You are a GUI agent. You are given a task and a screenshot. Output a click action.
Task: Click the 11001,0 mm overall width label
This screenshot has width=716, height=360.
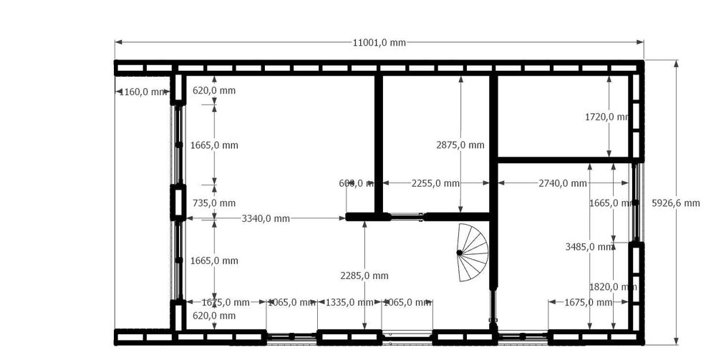(379, 42)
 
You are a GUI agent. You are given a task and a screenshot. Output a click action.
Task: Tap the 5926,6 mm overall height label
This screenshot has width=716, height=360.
(675, 203)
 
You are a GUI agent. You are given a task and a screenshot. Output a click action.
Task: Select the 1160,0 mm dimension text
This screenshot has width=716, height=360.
(141, 92)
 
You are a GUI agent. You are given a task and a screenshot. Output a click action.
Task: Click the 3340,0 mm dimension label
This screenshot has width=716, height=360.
(266, 218)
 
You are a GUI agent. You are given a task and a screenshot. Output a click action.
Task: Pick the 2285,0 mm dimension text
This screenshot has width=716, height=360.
(365, 276)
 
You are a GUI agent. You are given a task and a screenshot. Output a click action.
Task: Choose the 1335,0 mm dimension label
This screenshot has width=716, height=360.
(341, 303)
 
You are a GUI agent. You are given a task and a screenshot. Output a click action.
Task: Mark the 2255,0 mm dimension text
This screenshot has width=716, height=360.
(435, 183)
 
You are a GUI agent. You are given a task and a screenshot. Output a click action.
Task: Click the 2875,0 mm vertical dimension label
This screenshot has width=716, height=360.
(460, 145)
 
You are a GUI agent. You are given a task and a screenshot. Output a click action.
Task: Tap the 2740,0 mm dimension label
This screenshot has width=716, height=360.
(563, 183)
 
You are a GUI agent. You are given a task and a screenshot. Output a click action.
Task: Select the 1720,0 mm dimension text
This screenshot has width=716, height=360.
(608, 117)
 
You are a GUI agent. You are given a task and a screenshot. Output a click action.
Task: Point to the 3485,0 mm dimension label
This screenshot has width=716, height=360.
(589, 247)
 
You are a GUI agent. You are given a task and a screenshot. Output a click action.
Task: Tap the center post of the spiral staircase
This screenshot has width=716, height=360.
(459, 252)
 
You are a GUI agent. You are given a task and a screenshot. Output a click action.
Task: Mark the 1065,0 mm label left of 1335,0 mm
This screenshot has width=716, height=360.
(291, 303)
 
